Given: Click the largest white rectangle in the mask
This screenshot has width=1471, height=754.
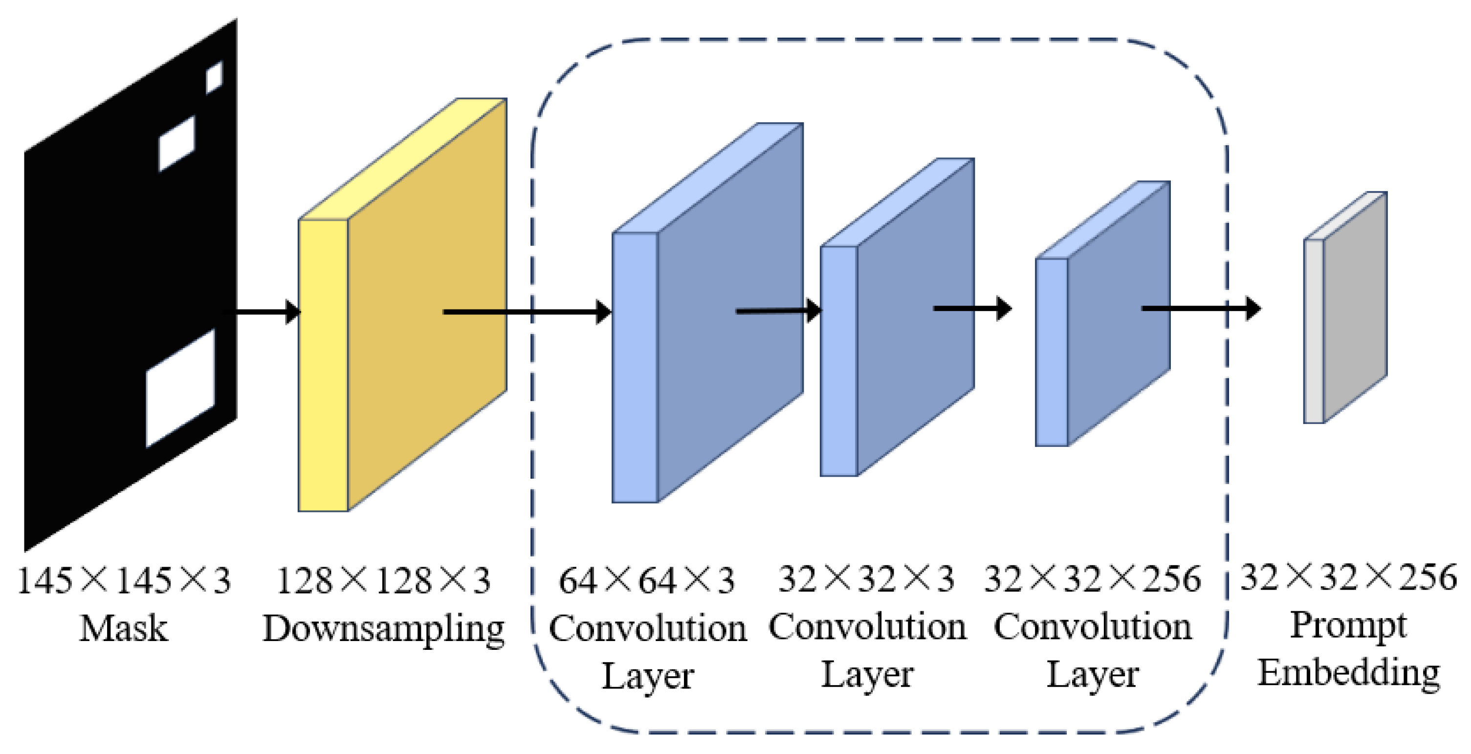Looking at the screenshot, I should coord(180,388).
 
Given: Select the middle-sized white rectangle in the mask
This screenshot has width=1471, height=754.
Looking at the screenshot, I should coord(176,143).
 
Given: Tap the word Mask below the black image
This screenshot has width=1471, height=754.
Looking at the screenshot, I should coord(123,629).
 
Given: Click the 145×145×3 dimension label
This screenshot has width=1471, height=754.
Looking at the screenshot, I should coord(124,581).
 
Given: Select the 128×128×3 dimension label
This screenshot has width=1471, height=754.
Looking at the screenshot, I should coord(383,581).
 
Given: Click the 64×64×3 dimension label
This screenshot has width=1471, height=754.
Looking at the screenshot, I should coord(646,581).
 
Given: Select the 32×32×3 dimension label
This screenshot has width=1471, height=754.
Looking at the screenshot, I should coord(866,578).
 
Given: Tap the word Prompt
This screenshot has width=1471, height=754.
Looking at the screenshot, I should coord(1348,626).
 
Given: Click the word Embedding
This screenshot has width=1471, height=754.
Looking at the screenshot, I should coord(1348,673).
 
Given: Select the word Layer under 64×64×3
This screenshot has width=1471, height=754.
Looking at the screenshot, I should coord(648,676).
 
